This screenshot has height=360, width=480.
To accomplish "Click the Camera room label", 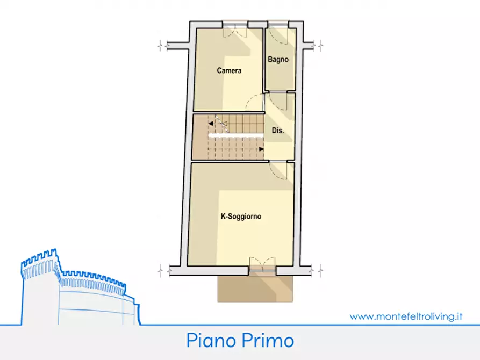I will pyautogui.click(x=229, y=70).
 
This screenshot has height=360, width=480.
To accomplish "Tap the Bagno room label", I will pyautogui.click(x=278, y=60).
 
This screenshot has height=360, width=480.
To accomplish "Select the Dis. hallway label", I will pyautogui.click(x=278, y=131).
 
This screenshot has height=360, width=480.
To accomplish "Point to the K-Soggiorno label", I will pyautogui.click(x=241, y=217).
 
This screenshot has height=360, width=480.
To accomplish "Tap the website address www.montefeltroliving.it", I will pyautogui.click(x=406, y=316).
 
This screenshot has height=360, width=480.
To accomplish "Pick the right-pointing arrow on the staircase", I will pyautogui.click(x=261, y=149).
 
